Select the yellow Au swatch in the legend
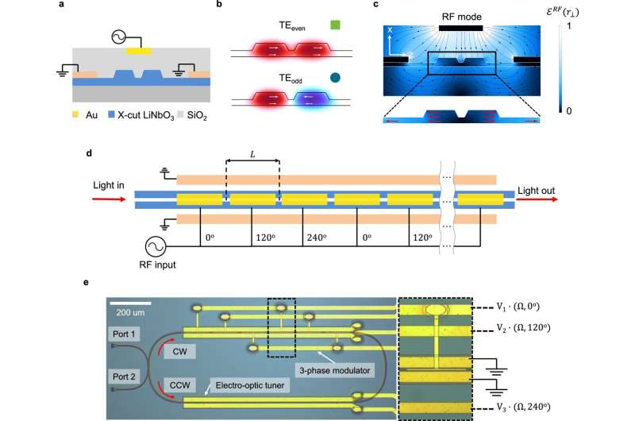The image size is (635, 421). pos(75,114)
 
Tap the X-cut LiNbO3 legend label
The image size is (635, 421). pos(146,115)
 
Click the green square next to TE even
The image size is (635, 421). pos(335,25)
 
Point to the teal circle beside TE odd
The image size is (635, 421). pos(335,77)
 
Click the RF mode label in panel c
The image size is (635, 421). pos(462,17)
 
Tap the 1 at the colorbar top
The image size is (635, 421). pos(569,26)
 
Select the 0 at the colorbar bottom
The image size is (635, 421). pos(569,110)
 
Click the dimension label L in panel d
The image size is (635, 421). pos(252,154)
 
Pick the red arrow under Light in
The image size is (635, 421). pos(109,199)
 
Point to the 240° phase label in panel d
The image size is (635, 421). pos(317,238)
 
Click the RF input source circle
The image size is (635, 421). pos(156,246)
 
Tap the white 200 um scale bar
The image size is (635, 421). pos(130,303)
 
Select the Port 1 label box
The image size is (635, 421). pos(124,334)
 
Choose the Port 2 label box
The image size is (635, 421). pos(124,377)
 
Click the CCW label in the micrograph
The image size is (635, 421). pos(180,385)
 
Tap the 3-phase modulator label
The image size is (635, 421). pos(334,370)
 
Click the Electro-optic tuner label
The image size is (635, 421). pos(250,385)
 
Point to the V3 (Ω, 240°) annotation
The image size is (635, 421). pos(524,407)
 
